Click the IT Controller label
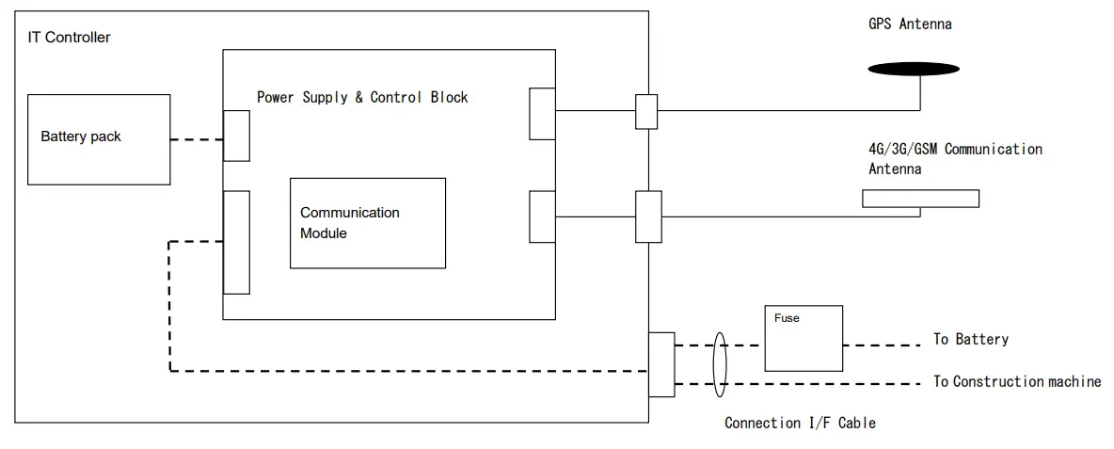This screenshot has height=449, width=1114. coord(69,37)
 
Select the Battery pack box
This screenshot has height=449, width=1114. coord(99,139)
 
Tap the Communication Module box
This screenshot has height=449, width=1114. coord(368,223)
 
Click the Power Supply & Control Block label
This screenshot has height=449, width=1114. coord(362,97)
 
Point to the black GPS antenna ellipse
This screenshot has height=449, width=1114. coord(913,69)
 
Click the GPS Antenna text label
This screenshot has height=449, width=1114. coord(910,24)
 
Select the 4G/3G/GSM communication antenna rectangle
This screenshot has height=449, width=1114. coord(921,199)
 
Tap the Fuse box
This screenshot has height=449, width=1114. coord(804,338)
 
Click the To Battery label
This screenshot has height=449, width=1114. coord(970,339)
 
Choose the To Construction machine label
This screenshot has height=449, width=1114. coord(1017,381)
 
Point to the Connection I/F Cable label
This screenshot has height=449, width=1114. coord(800,423)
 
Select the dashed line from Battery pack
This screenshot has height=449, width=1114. coord(197,140)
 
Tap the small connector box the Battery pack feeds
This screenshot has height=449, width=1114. coord(236,136)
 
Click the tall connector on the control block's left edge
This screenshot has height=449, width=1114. coord(236,242)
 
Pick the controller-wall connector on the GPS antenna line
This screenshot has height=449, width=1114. coord(646,111)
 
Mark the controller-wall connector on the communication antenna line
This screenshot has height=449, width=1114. coord(648,216)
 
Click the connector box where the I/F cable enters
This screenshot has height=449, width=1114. coord(661,364)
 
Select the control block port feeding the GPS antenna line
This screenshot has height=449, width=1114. coord(542,114)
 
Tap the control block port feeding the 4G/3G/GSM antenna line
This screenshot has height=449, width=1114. coord(542,216)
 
